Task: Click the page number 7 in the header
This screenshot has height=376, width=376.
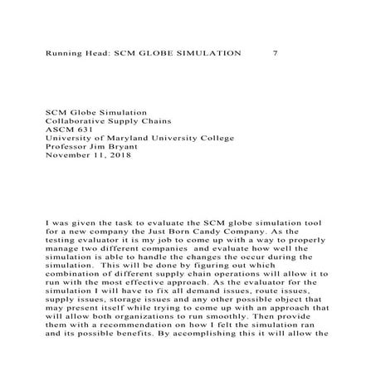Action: point(275,52)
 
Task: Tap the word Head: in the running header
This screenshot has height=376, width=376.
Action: point(92,52)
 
